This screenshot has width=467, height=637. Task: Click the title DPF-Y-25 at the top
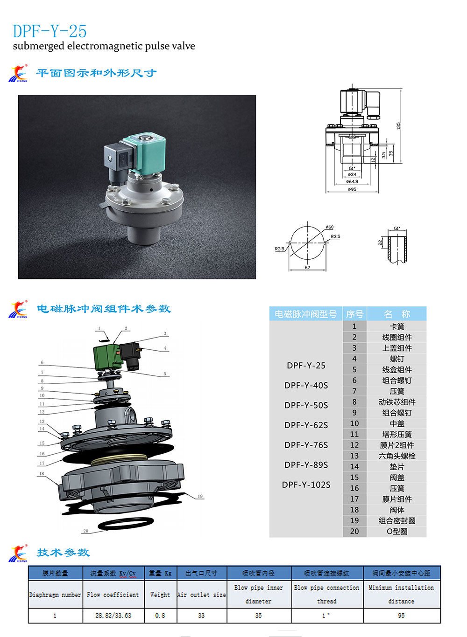pyautogui.click(x=50, y=31)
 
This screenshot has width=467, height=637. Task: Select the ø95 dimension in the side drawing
pyautogui.click(x=352, y=189)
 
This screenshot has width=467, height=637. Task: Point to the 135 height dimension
pyautogui.click(x=398, y=126)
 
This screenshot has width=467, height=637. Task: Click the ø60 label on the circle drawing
pyautogui.click(x=329, y=227)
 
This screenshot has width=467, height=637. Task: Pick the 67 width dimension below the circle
pyautogui.click(x=307, y=268)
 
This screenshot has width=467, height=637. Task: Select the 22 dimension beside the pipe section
pyautogui.click(x=380, y=242)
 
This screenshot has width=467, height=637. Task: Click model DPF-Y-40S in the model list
pyautogui.click(x=306, y=385)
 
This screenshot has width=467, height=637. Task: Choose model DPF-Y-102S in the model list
pyautogui.click(x=306, y=485)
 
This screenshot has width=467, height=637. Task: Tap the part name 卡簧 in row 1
pyautogui.click(x=396, y=326)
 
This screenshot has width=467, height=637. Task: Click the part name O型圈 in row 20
pyautogui.click(x=396, y=531)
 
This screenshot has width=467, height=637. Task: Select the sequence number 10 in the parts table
pyautogui.click(x=354, y=423)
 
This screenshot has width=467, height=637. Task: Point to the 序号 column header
pyautogui.click(x=354, y=314)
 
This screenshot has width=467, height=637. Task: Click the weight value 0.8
pyautogui.click(x=160, y=616)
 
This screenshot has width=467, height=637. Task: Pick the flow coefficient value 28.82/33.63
pyautogui.click(x=113, y=616)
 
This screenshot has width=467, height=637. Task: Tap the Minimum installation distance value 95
pyautogui.click(x=401, y=616)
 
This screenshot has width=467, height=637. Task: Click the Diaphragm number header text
pyautogui.click(x=55, y=595)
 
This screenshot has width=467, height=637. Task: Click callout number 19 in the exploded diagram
pyautogui.click(x=200, y=496)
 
